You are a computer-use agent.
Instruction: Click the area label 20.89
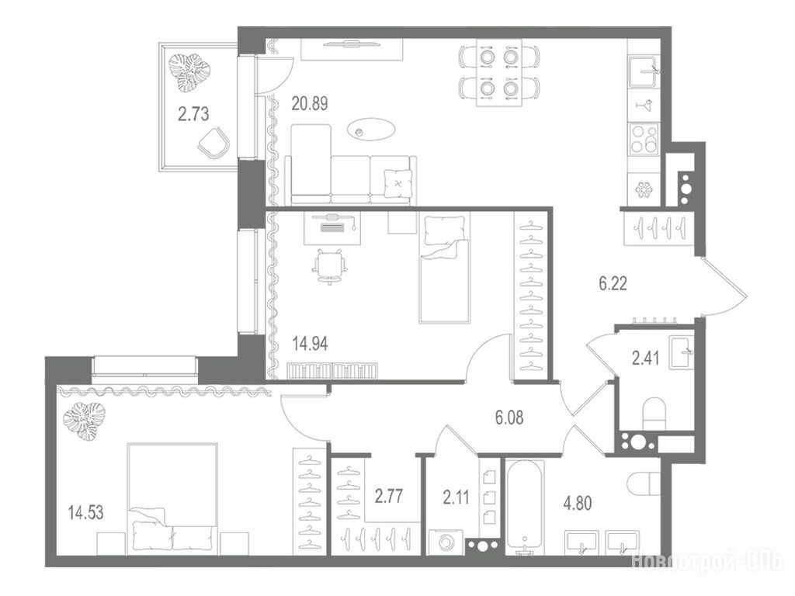pyautogui.click(x=309, y=103)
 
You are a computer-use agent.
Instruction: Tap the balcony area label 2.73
pyautogui.click(x=193, y=114)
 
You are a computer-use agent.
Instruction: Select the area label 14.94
pyautogui.click(x=310, y=344)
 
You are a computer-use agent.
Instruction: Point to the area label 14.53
pyautogui.click(x=85, y=512)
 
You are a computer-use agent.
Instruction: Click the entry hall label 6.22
pyautogui.click(x=613, y=283)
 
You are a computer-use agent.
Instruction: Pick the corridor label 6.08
pyautogui.click(x=509, y=418)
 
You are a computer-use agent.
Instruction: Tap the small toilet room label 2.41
pyautogui.click(x=645, y=359)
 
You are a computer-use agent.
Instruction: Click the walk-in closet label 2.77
pyautogui.click(x=389, y=496)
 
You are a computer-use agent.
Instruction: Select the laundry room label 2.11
pyautogui.click(x=456, y=497)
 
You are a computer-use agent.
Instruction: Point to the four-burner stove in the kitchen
pyautogui.click(x=644, y=139)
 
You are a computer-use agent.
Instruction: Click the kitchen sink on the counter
pyautogui.click(x=644, y=72)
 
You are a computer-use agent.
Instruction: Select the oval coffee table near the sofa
pyautogui.click(x=372, y=130)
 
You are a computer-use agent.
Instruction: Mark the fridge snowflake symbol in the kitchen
pyautogui.click(x=644, y=189)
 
